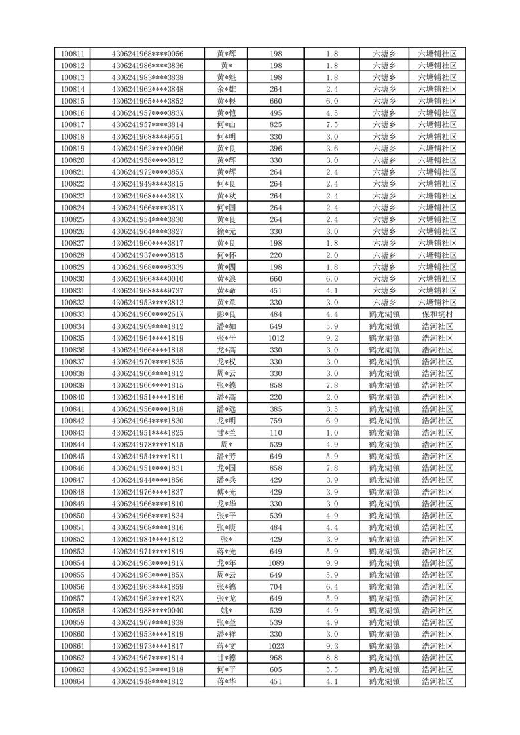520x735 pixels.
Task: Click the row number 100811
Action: [x=72, y=54]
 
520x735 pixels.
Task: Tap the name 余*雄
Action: [x=227, y=89]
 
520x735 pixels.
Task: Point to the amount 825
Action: [x=276, y=124]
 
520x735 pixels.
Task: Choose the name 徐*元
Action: [x=227, y=231]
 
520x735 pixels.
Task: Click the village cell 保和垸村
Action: [x=437, y=314]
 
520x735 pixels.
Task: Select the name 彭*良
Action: [x=227, y=314]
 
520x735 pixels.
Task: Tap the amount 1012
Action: [x=276, y=338]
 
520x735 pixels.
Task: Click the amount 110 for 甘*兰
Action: [x=276, y=432]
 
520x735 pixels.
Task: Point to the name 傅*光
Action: [x=227, y=492]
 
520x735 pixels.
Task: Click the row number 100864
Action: [x=72, y=681]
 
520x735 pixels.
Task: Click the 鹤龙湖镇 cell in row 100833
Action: [x=384, y=314]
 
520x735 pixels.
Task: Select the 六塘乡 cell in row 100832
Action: [x=384, y=302]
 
